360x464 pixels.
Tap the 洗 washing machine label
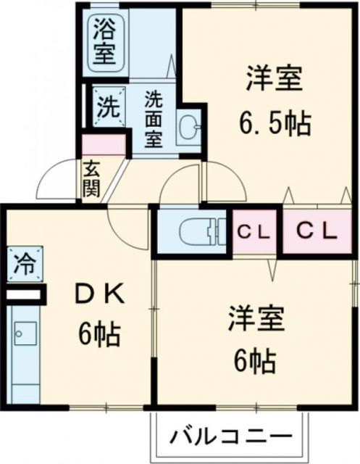[106, 107]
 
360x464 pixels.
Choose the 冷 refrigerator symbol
[22, 262]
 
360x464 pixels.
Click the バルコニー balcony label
[231, 436]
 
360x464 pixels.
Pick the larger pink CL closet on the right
[317, 231]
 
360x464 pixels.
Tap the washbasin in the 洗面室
[191, 129]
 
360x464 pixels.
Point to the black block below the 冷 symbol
[25, 295]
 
